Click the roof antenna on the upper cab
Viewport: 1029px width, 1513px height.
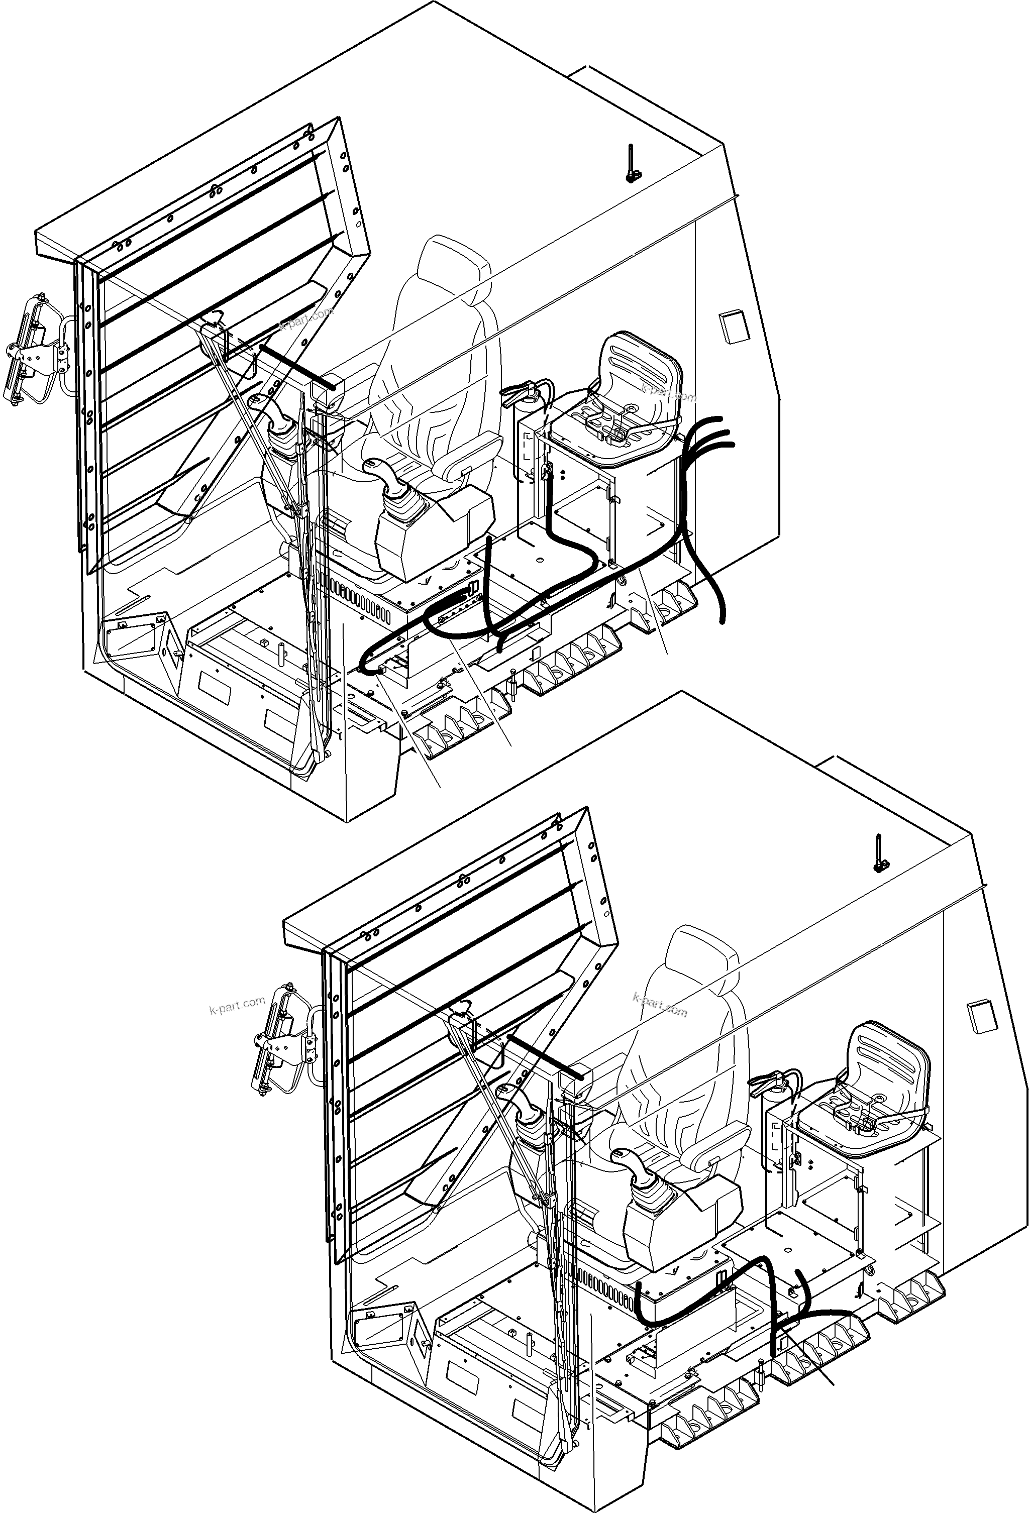tap(631, 163)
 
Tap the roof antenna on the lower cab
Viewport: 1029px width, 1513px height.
tap(879, 853)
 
